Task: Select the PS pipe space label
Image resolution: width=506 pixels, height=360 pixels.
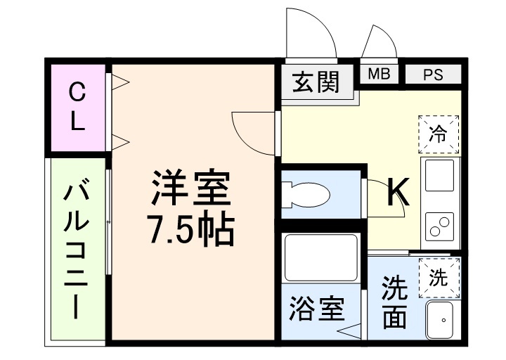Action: pyautogui.click(x=433, y=74)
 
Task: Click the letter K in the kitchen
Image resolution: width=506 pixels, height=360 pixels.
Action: pyautogui.click(x=398, y=191)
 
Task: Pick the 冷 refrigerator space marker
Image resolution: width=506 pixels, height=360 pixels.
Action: pyautogui.click(x=438, y=134)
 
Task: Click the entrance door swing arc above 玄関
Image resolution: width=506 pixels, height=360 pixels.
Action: pyautogui.click(x=312, y=35)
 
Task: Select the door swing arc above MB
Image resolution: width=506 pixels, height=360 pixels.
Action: pyautogui.click(x=379, y=44)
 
